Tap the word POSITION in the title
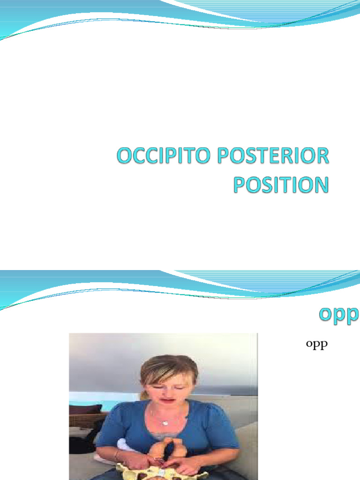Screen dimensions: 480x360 point(281,184)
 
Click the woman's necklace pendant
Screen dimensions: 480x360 point(165,422)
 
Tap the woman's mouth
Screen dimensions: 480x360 point(167,401)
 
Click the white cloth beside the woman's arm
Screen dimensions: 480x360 point(124,445)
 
